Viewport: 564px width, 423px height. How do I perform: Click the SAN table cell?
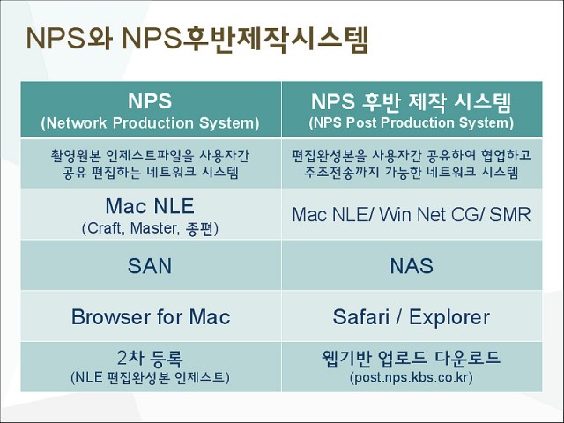coord(151,265)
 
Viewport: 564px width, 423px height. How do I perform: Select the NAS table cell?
coord(412,265)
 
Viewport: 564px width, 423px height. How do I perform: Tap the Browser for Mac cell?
coord(151,316)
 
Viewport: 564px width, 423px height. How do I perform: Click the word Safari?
coord(361,317)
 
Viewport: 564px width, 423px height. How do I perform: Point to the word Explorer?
coord(449,317)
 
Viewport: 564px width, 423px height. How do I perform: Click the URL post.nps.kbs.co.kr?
coord(412,377)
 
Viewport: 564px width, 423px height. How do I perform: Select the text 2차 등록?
coord(150,358)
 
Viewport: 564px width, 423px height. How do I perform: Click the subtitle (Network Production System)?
coord(150,123)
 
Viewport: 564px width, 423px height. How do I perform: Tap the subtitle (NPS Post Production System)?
coord(412,122)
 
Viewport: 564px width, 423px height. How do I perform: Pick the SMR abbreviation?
coord(510,214)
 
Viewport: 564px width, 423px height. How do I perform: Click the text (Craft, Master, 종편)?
coord(150,228)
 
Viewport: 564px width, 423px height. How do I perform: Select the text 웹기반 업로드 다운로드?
coord(412,358)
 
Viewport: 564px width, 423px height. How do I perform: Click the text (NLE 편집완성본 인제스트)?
coord(150,377)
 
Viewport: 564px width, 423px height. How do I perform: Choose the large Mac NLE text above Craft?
coord(150,206)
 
